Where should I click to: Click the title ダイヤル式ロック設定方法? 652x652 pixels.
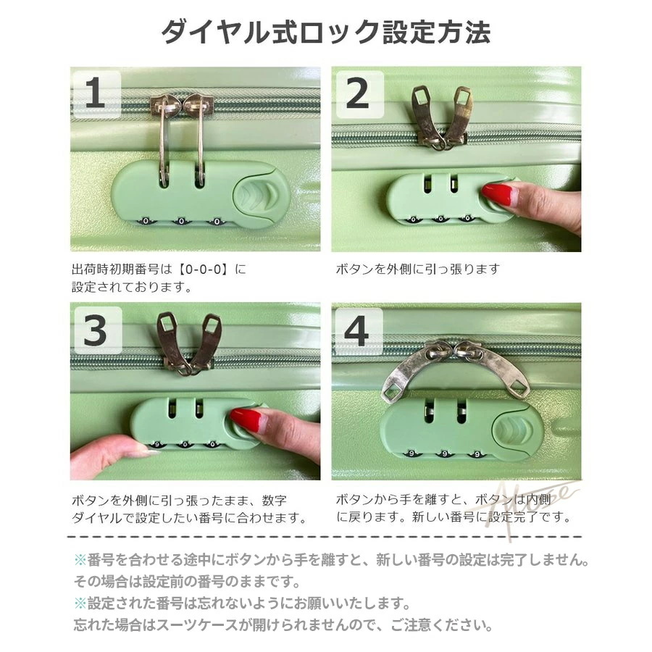[325, 32]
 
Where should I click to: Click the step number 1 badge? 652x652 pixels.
[97, 94]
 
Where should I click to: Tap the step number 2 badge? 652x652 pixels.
[359, 94]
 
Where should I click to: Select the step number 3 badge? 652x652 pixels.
[98, 330]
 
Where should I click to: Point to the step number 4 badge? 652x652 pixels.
[359, 331]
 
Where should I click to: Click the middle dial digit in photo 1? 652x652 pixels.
[181, 221]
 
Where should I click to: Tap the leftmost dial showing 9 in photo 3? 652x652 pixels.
[156, 445]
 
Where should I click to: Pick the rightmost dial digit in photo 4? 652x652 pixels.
[477, 454]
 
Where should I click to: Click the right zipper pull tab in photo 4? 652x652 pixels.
[497, 370]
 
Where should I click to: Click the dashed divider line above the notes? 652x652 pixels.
[325, 538]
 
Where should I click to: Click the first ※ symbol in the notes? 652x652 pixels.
[80, 560]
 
